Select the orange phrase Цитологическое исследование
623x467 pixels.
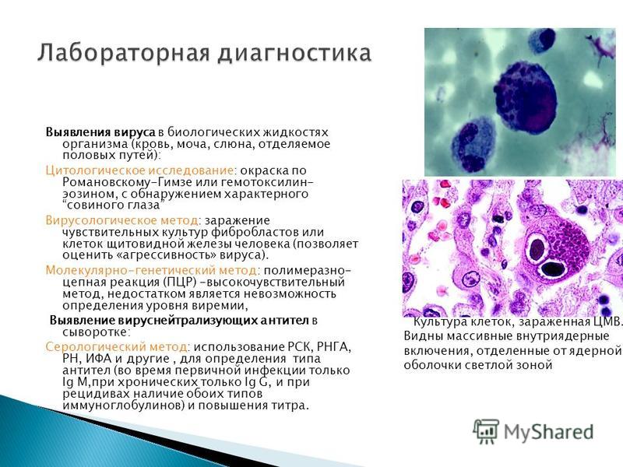click(139, 170)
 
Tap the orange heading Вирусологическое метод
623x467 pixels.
click(121, 220)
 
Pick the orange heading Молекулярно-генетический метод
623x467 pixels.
click(151, 270)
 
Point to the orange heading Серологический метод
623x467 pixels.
click(116, 346)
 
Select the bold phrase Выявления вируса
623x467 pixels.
click(100, 132)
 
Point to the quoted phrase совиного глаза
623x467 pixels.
click(113, 205)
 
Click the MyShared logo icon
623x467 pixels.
click(486, 431)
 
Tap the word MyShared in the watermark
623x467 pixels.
click(549, 432)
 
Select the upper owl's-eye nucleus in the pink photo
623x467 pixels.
click(537, 250)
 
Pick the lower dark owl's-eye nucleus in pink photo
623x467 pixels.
click(552, 269)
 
